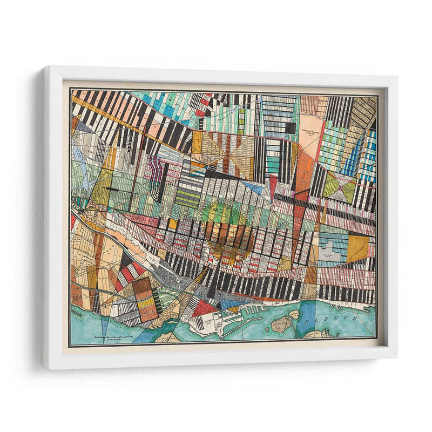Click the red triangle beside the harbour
point(205,309)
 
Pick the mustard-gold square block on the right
point(357,246)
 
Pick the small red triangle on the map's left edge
point(73,221)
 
